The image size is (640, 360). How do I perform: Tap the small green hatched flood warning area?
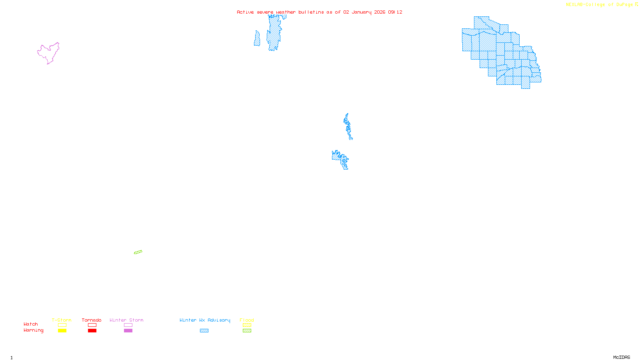click(138, 252)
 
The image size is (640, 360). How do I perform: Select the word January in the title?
click(362, 12)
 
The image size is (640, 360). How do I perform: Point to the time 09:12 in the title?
click(395, 12)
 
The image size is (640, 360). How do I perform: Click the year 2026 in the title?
click(380, 12)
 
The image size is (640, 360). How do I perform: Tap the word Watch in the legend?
click(31, 324)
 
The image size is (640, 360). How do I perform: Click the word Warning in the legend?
click(34, 330)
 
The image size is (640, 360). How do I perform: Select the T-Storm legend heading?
click(62, 320)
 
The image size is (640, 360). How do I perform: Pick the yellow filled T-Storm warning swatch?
click(62, 331)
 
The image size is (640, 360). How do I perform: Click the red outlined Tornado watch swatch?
click(92, 325)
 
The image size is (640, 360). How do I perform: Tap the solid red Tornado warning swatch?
click(92, 331)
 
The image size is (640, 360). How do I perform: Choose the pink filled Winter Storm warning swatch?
click(128, 331)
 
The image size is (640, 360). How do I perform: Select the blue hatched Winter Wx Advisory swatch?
click(204, 331)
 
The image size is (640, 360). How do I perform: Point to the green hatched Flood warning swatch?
click(247, 331)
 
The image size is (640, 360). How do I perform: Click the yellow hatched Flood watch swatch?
click(247, 325)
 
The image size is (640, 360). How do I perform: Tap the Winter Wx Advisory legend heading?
click(205, 320)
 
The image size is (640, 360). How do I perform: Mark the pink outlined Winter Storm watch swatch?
click(128, 325)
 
